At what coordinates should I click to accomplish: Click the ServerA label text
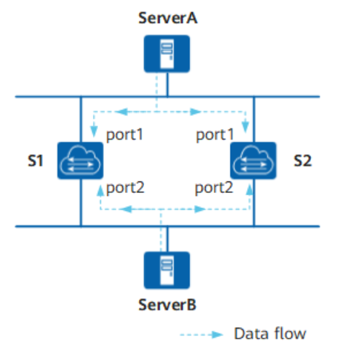click(168, 18)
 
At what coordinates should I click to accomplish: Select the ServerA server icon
click(167, 53)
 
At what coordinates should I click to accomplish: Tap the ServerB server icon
click(167, 270)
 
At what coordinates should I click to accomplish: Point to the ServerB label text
click(167, 305)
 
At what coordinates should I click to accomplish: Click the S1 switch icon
click(81, 161)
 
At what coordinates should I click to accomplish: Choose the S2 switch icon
click(253, 161)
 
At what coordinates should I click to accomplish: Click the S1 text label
click(35, 161)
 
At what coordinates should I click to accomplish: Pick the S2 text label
click(303, 161)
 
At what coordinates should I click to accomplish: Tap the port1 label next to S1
click(125, 135)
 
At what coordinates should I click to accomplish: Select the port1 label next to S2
click(215, 135)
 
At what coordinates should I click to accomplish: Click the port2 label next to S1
click(125, 188)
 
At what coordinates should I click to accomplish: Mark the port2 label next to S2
click(214, 188)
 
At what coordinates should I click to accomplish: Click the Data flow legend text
click(270, 333)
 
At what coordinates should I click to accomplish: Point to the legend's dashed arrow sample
click(202, 335)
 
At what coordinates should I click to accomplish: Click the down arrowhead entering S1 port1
click(94, 131)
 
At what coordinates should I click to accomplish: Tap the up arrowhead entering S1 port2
click(101, 190)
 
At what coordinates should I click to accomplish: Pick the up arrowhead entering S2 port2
click(250, 189)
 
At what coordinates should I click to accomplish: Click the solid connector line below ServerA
click(167, 84)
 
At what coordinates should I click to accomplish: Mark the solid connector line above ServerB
click(167, 239)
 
